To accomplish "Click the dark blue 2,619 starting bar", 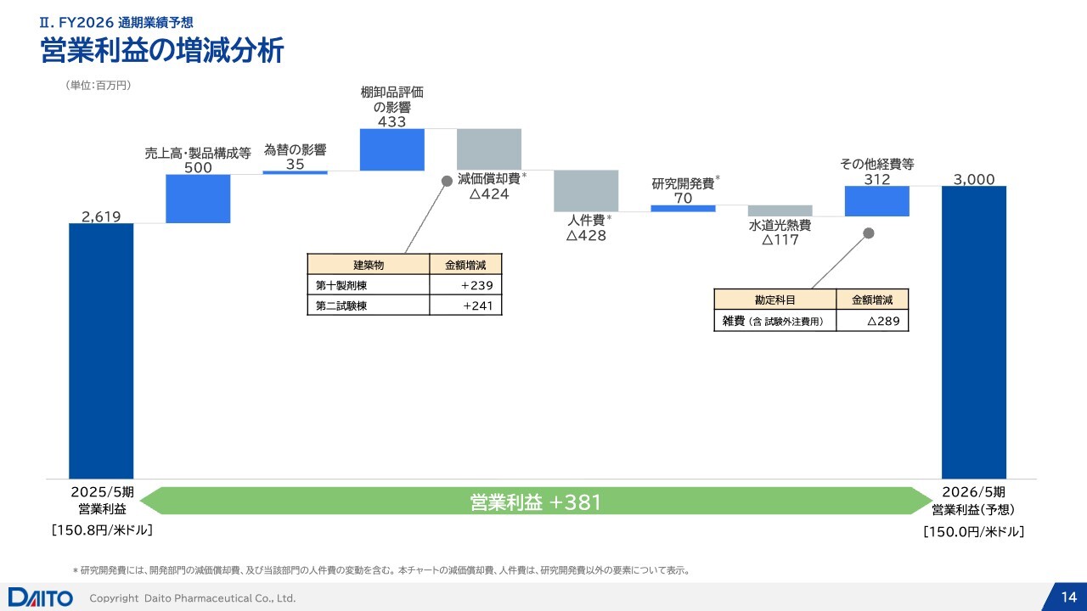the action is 101,351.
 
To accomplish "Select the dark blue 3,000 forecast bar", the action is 974,333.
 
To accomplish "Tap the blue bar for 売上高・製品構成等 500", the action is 198,199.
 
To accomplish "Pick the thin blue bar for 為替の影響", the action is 295,172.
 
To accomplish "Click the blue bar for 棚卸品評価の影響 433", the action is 392,149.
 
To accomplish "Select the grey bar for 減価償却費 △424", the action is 489,149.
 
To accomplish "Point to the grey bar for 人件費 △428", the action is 586,191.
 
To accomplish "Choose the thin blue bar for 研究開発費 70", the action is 684,209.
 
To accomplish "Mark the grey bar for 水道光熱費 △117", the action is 780,211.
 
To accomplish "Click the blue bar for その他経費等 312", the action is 877,201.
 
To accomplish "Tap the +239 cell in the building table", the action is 465,285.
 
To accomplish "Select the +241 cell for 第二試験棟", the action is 465,305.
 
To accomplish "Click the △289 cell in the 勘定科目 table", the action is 872,321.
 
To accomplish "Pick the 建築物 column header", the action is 369,265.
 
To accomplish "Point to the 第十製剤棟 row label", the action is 341,286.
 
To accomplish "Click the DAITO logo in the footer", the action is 40,597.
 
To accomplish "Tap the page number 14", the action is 1069,597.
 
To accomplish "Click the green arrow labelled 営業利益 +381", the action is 536,501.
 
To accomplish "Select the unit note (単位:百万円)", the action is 98,86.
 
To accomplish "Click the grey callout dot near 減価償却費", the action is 447,182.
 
